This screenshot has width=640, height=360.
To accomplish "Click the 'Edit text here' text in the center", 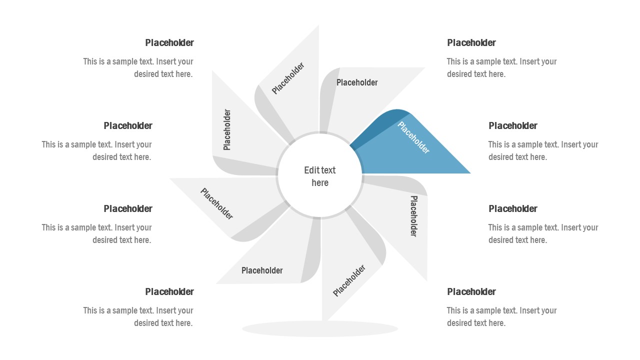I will click(320, 176).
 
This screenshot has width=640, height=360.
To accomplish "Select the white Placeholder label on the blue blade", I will click(413, 137).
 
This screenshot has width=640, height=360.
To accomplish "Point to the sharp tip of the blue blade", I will click(469, 173).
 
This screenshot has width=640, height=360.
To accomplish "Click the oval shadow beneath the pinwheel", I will click(320, 329).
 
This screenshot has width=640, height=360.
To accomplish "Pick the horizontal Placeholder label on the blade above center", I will click(357, 82).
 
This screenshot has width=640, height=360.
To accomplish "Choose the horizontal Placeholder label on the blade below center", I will click(262, 270).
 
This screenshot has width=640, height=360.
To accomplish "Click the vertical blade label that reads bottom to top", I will click(227, 129).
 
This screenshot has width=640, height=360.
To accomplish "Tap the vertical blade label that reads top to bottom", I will click(414, 216).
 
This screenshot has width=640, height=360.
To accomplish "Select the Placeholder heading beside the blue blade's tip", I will click(513, 125).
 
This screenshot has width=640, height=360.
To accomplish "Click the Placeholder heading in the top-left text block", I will click(169, 42).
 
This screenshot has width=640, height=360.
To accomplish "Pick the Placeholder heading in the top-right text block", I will click(471, 42).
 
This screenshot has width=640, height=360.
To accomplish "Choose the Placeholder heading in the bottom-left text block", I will click(169, 291).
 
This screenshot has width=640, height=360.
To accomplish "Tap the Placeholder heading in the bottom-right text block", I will click(471, 291).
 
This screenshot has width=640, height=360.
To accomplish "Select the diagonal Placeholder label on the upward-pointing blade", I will click(288, 78).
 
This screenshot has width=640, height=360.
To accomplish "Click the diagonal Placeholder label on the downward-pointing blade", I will click(349, 280).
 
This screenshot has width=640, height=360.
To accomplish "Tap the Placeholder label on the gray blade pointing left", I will click(217, 203).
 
